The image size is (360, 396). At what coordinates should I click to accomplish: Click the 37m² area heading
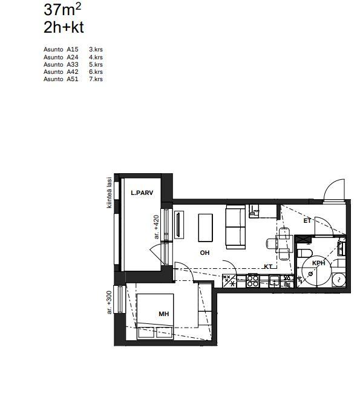[x=62, y=10]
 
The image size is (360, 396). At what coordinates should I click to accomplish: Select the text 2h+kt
[x=64, y=27]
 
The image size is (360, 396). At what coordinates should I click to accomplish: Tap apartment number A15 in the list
[x=73, y=49]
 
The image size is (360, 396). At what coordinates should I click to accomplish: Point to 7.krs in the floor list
[x=96, y=79]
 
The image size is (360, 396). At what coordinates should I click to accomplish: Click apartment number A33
[x=73, y=64]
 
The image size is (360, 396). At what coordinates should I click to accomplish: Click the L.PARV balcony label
[x=142, y=193]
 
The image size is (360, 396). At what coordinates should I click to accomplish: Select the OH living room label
[x=205, y=252]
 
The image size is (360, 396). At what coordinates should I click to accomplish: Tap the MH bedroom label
[x=164, y=314]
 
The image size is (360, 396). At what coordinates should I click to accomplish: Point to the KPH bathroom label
[x=319, y=263]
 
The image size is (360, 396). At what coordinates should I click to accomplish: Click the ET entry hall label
[x=307, y=221]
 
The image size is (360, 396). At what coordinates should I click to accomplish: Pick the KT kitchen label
[x=268, y=266]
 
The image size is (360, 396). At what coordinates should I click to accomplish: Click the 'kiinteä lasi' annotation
[x=110, y=193]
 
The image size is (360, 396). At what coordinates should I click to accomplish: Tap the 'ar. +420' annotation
[x=157, y=227]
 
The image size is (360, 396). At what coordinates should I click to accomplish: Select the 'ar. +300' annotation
[x=109, y=303]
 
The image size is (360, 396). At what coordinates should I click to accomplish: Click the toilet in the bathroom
[x=305, y=253]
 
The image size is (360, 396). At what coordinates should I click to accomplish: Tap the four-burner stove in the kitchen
[x=252, y=281]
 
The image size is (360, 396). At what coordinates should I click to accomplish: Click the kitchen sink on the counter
[x=274, y=280]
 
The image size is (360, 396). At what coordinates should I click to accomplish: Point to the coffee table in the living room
[x=205, y=228]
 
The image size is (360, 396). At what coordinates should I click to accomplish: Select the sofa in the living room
[x=235, y=227]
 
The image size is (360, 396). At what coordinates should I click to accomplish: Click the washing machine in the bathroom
[x=339, y=280]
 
